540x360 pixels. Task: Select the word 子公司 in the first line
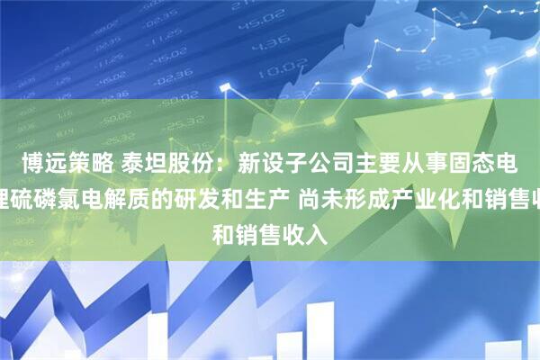point(316,163)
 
